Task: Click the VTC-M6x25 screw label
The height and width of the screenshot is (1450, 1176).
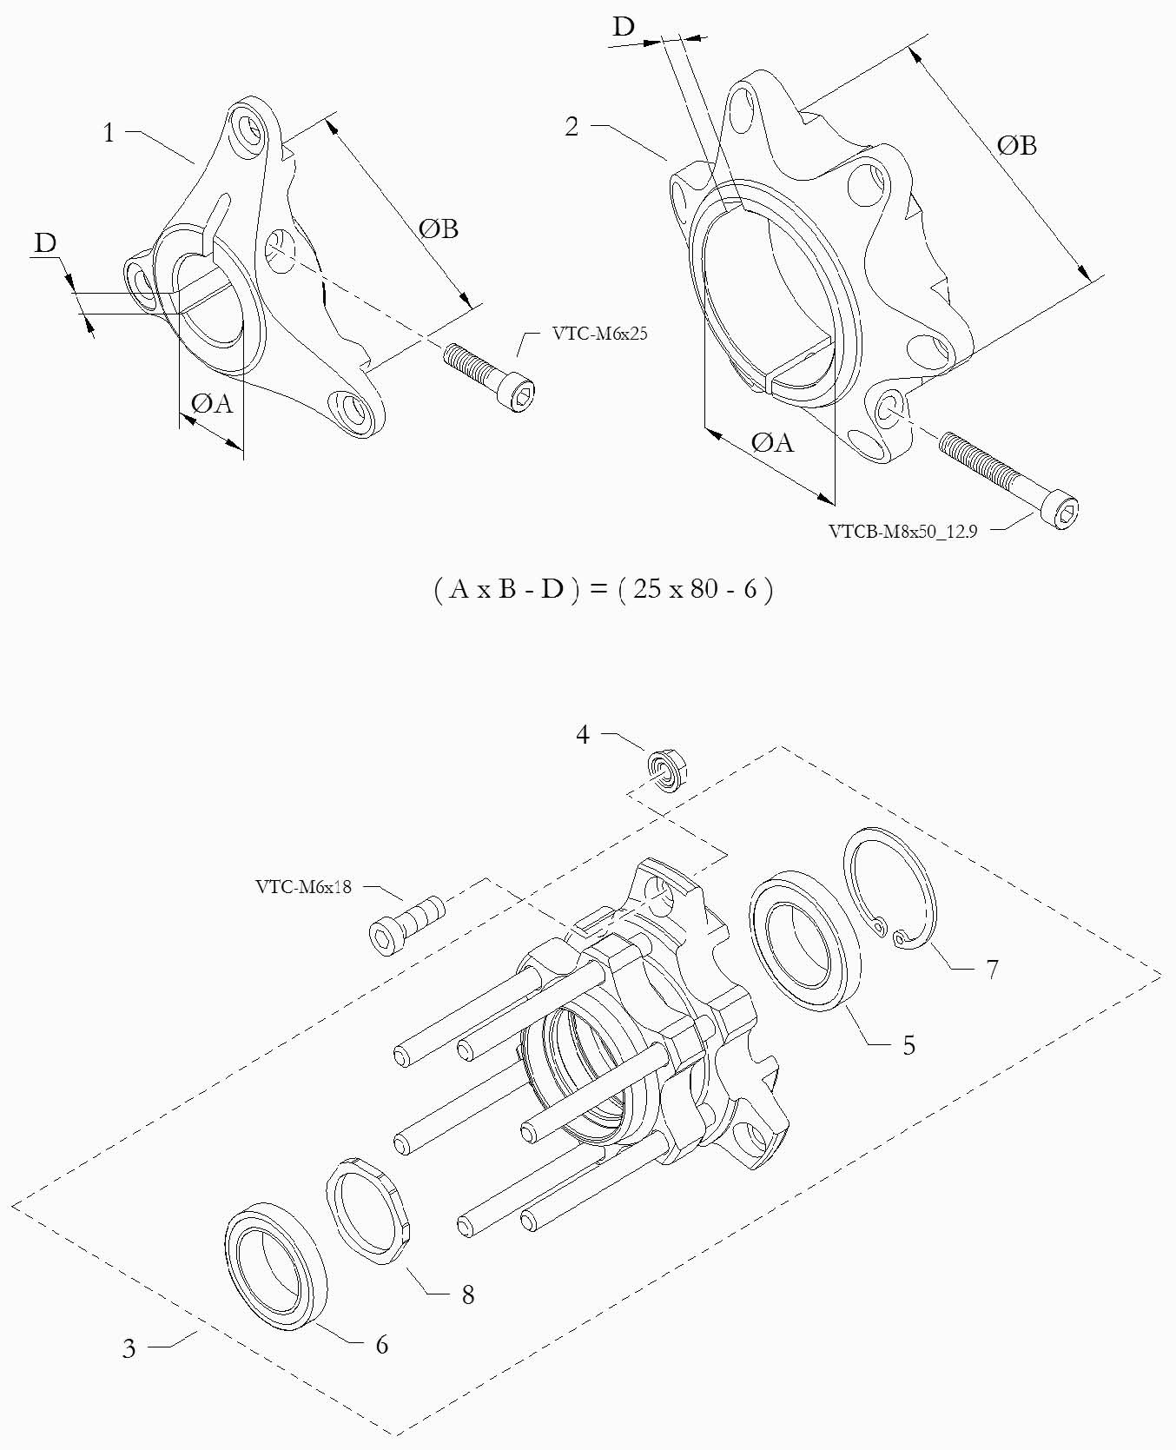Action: [x=599, y=334]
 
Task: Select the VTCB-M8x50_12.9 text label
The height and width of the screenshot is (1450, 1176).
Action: [x=902, y=532]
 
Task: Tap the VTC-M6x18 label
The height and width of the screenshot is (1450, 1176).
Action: [x=303, y=887]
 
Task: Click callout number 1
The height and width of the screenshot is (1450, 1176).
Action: [x=109, y=133]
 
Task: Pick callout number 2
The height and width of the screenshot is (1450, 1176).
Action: [x=571, y=127]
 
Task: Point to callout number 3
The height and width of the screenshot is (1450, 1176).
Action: [x=129, y=1348]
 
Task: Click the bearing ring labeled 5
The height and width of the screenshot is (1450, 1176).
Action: [x=804, y=939]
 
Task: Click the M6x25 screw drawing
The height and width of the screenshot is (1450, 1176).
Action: [x=491, y=375]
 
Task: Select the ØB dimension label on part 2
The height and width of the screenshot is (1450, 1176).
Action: [x=1017, y=145]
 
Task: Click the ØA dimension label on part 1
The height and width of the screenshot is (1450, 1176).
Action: [x=212, y=403]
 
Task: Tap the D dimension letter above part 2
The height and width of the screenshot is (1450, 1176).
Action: [x=624, y=27]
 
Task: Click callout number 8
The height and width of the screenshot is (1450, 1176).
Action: [x=467, y=1294]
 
